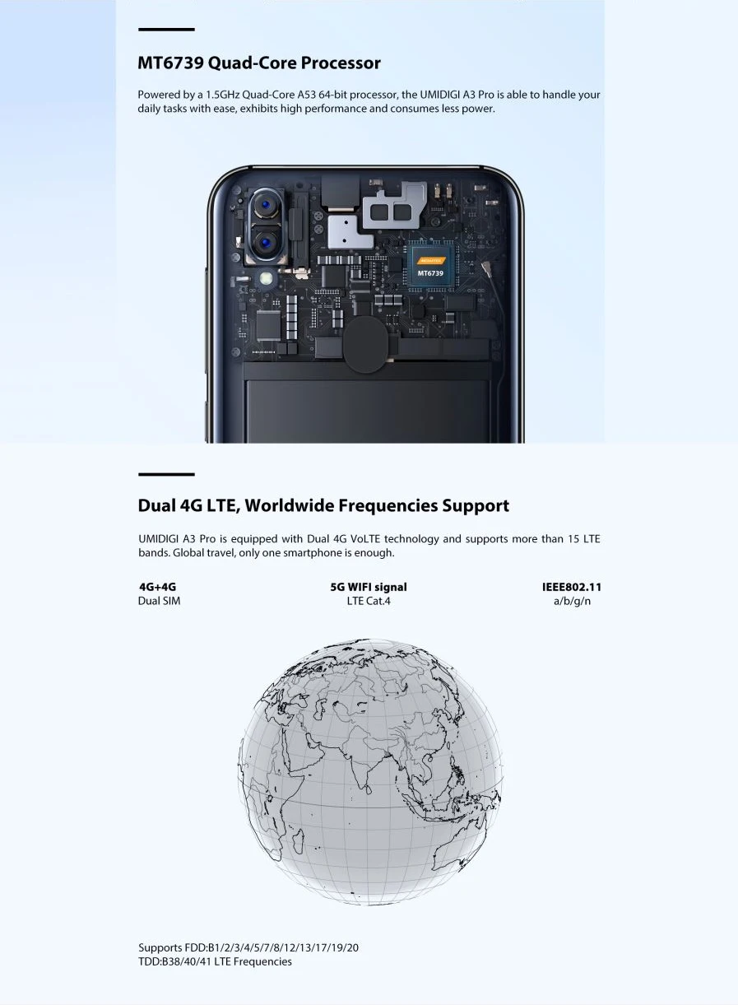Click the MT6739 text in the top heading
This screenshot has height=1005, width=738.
point(170,63)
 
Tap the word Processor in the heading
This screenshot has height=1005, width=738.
point(341,63)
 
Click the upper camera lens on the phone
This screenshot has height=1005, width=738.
point(266,205)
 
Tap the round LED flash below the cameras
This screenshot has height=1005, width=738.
point(267,279)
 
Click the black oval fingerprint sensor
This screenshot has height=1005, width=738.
point(367,345)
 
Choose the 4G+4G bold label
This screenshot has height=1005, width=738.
point(157,587)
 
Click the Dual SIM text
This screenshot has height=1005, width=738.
point(159,601)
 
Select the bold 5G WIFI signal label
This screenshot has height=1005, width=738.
point(369,587)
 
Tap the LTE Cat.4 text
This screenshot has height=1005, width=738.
point(369,601)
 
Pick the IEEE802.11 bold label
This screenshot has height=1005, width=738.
point(572,587)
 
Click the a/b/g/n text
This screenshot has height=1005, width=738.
point(572,601)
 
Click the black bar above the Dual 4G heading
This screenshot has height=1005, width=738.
point(166,474)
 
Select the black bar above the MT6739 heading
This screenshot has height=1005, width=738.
point(166,30)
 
